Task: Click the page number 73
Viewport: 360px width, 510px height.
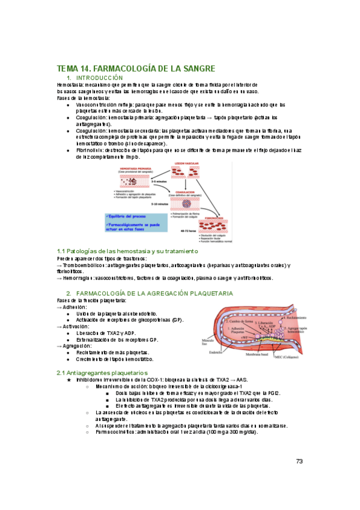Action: coord(299,461)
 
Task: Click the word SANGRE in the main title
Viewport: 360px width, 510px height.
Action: coord(194,69)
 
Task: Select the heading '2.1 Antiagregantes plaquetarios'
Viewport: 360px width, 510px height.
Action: coord(102,373)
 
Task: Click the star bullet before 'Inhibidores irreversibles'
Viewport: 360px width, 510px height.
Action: coord(69,380)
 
